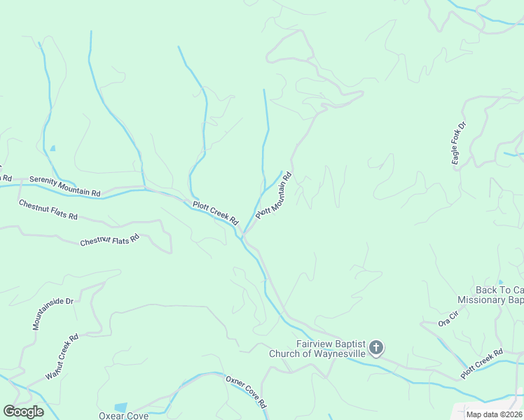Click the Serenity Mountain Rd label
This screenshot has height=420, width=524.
(65, 186)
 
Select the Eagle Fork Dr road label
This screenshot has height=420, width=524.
(459, 143)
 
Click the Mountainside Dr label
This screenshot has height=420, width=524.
(53, 314)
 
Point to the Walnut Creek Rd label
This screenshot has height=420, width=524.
(62, 356)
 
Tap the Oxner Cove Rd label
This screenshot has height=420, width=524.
(246, 392)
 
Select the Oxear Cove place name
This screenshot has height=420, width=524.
(123, 416)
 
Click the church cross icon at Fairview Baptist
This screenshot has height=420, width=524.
(376, 347)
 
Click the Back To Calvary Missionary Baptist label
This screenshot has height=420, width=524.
(490, 295)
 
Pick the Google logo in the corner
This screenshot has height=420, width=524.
(23, 412)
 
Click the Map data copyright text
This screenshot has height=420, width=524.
(493, 414)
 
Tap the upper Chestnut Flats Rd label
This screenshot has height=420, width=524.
(48, 209)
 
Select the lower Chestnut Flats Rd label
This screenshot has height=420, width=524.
(109, 239)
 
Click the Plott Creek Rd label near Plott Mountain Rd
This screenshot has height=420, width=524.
(216, 213)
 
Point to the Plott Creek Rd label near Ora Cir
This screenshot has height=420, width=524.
(482, 364)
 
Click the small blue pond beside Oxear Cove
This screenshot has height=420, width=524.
(120, 407)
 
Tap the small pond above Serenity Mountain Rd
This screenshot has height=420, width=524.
(53, 148)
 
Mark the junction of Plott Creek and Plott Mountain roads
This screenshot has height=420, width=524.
(243, 232)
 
